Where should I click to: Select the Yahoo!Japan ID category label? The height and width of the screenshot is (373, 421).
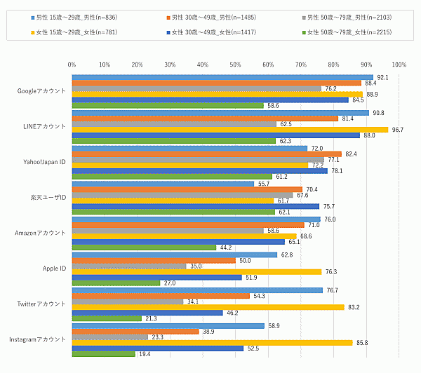45,162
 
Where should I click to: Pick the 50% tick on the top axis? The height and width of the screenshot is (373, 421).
235,65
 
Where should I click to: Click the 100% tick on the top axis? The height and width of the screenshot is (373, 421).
399,65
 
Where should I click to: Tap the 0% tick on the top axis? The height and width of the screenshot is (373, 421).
72,65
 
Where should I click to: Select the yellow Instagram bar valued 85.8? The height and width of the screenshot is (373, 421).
212,342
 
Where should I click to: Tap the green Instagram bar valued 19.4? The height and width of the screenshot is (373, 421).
104,354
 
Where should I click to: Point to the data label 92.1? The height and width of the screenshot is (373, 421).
382,77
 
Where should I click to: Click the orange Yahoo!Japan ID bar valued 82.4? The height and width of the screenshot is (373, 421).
207,154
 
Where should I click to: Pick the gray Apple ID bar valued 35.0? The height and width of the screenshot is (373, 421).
130,266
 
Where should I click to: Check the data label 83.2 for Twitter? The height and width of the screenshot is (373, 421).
354,307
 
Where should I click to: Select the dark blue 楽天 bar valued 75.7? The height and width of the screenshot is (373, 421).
196,206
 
